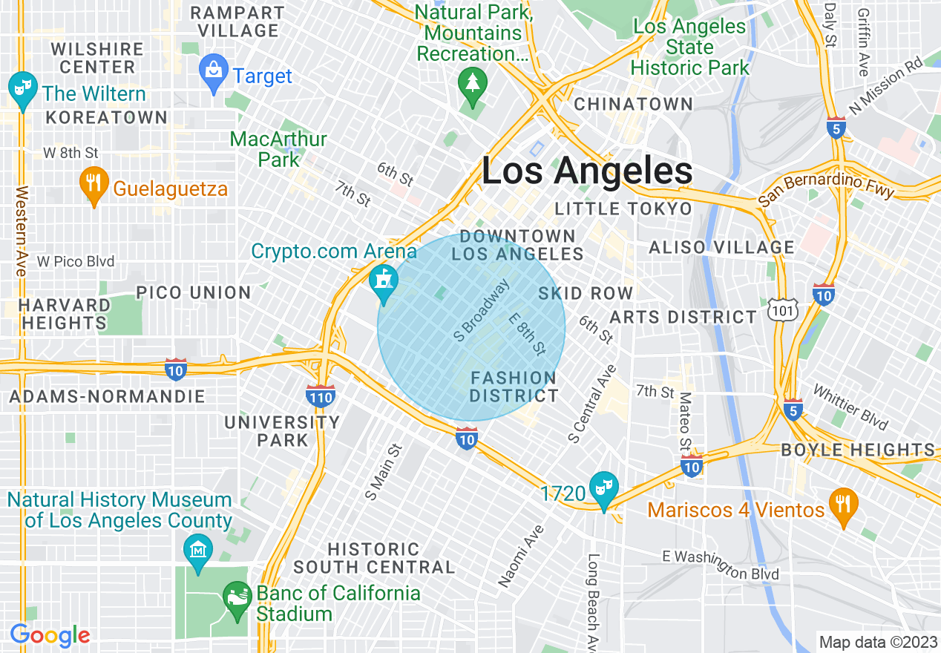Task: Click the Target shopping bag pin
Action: tap(214, 73)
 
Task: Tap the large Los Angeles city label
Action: tap(587, 171)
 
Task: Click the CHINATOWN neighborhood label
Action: tap(633, 104)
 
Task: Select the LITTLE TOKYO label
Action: tap(623, 209)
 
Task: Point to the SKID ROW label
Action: tap(586, 293)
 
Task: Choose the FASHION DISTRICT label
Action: tap(514, 387)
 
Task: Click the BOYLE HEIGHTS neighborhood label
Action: tap(858, 450)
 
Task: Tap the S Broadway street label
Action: tap(482, 310)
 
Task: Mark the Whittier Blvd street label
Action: tap(850, 407)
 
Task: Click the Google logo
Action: tap(50, 635)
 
